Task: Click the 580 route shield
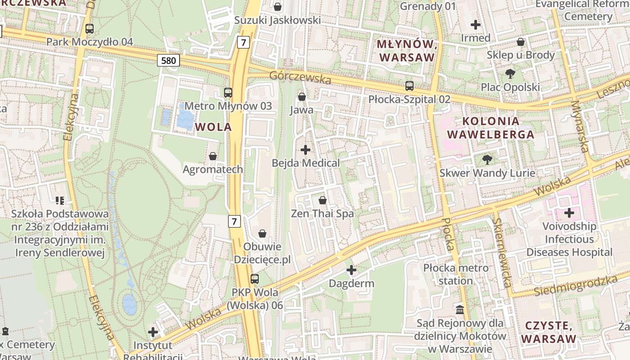168,60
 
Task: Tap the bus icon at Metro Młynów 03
228,93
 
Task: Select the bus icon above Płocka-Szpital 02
409,85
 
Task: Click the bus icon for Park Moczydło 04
90,29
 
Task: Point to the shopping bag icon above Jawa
301,97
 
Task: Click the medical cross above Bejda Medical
306,150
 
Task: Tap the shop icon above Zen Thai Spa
322,200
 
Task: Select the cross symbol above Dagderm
351,270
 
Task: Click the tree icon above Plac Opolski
510,73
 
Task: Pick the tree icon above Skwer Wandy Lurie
487,159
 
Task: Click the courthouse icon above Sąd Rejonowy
460,310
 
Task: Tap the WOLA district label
214,127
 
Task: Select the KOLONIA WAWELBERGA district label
490,127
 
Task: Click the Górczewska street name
300,77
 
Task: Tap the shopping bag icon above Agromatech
213,156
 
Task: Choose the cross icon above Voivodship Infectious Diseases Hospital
569,212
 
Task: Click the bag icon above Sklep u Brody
521,42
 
